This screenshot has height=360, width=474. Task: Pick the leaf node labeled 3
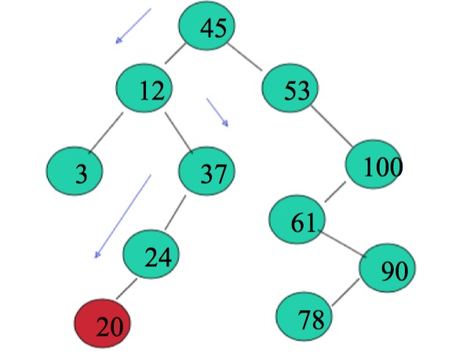(x=76, y=173)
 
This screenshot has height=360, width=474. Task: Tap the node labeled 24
(x=152, y=254)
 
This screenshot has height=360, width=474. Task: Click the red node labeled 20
(x=104, y=324)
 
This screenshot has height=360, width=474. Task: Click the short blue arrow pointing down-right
(x=217, y=112)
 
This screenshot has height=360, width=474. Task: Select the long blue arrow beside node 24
(x=122, y=216)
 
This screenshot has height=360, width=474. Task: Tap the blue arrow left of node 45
(x=133, y=26)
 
